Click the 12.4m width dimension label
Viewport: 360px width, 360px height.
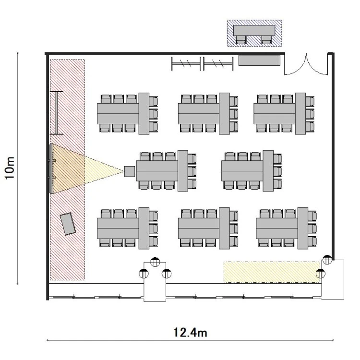click(190, 333)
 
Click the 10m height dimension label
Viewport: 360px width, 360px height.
click(10, 168)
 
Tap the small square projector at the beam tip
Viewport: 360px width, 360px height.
click(130, 171)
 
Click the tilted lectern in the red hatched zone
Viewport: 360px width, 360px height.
click(68, 224)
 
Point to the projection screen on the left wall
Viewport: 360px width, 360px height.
click(51, 169)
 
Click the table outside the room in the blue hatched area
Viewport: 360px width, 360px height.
click(254, 30)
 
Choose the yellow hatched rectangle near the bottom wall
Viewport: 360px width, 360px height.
click(272, 272)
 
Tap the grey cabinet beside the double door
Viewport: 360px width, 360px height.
click(259, 60)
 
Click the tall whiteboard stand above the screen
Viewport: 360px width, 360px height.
click(57, 113)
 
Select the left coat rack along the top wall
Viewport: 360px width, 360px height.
click(186, 63)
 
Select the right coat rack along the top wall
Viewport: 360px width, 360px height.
click(218, 63)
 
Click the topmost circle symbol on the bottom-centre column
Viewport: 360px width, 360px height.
click(155, 262)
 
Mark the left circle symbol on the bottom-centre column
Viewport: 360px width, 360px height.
click(144, 274)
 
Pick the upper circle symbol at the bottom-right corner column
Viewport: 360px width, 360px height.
click(327, 260)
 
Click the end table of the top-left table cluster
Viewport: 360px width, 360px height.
click(144, 114)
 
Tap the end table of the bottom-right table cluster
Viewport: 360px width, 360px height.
click(303, 228)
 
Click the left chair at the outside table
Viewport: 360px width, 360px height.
click(241, 40)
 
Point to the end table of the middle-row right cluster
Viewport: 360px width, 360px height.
click(268, 171)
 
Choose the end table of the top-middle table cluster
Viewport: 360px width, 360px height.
click(224, 114)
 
